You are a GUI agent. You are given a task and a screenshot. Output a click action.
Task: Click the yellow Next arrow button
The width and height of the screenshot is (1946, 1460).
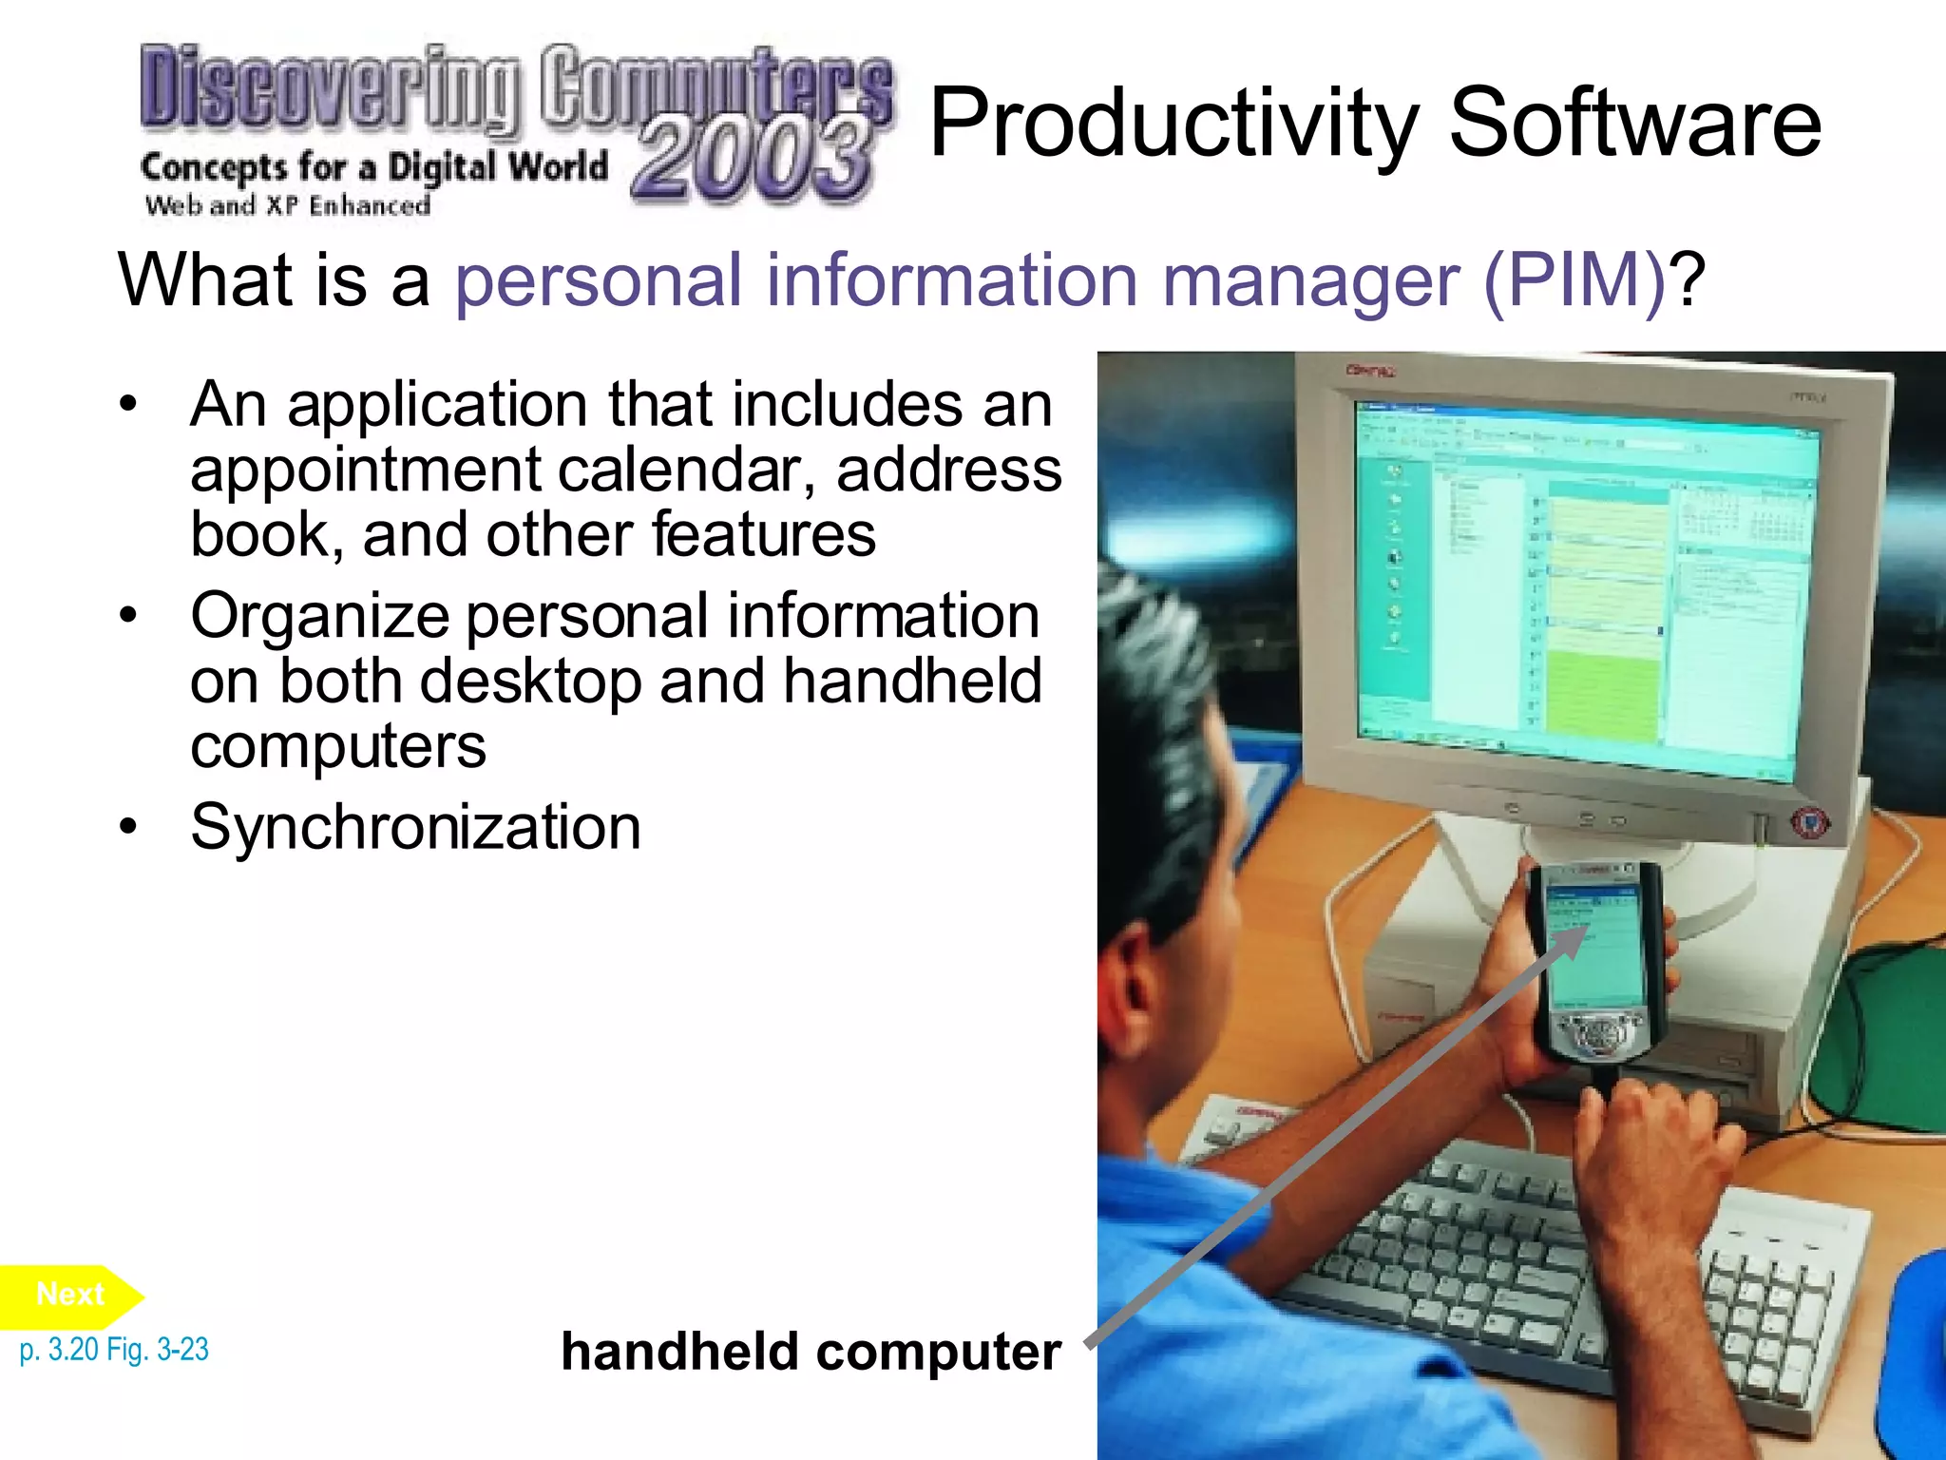click(x=70, y=1296)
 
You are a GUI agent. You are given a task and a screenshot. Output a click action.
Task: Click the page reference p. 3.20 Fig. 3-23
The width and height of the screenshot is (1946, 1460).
click(x=114, y=1349)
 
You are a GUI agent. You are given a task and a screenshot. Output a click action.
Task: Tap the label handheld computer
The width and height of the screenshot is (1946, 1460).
click(x=811, y=1352)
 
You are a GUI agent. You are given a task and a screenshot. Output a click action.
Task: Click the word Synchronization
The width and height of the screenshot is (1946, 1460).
click(x=415, y=826)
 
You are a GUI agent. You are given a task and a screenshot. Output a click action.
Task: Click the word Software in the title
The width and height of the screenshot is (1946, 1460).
click(x=1634, y=124)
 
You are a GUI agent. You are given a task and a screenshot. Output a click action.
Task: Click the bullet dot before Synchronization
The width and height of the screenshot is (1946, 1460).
click(x=128, y=826)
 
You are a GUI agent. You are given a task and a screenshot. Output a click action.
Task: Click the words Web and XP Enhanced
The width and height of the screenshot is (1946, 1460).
click(x=287, y=205)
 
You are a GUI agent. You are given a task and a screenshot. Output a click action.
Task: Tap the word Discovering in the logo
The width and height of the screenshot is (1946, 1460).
click(x=329, y=87)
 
